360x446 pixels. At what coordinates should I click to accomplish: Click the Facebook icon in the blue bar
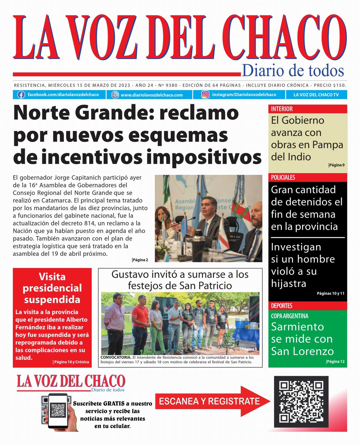(21, 95)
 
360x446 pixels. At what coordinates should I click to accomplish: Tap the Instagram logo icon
(205, 95)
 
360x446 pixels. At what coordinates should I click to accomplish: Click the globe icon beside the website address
(115, 95)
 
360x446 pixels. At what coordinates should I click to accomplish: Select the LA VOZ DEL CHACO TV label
(316, 95)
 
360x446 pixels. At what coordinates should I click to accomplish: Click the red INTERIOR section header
(282, 109)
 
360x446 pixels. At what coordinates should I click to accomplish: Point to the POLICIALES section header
(283, 177)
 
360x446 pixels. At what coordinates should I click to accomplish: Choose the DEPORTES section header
(281, 306)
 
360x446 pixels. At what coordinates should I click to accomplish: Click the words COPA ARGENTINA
(289, 316)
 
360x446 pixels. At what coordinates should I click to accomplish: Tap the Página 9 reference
(336, 165)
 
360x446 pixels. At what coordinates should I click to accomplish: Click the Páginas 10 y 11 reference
(331, 293)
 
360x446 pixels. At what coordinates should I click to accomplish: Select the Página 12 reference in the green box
(335, 361)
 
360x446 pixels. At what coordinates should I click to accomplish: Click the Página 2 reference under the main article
(140, 260)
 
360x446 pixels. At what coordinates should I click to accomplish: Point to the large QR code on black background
(301, 402)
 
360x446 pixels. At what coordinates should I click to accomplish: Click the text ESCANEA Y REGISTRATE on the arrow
(209, 401)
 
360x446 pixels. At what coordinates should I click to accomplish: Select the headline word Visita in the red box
(52, 277)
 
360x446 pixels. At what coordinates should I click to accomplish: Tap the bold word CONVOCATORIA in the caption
(116, 358)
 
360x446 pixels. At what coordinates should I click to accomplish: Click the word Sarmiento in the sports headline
(297, 327)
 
